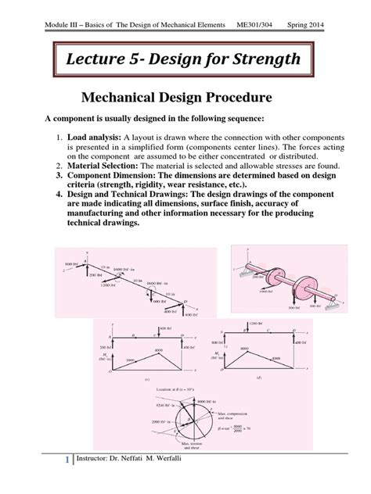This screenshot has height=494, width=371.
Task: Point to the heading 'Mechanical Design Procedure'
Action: (185, 101)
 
